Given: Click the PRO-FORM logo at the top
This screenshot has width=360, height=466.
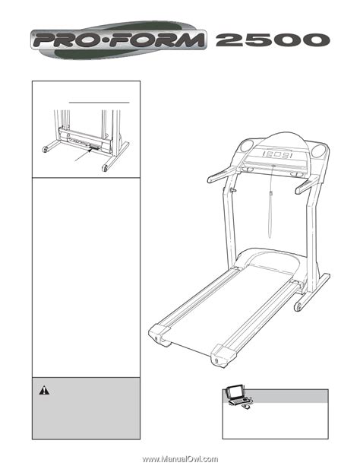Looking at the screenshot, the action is [118, 40].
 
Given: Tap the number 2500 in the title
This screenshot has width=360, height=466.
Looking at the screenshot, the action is [273, 40].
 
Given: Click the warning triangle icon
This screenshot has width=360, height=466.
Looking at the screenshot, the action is [44, 390].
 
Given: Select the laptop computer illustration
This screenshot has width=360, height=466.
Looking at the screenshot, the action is [238, 397].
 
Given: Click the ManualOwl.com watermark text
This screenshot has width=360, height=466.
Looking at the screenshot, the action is [180, 459].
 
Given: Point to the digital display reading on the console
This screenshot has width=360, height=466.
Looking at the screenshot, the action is [277, 155].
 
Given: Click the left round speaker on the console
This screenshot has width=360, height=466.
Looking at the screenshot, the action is [247, 146].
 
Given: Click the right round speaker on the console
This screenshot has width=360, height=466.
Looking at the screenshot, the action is [318, 150].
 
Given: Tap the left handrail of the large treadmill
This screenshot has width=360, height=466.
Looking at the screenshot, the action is [222, 174].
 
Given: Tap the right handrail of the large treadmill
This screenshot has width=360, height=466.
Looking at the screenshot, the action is [307, 185].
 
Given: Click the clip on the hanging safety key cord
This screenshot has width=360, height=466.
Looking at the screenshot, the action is [271, 194].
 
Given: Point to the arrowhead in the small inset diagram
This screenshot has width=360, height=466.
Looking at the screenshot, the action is [89, 151].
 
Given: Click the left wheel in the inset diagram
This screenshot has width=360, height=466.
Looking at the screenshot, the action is [45, 148].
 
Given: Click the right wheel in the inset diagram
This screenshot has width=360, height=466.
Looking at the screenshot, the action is [105, 167].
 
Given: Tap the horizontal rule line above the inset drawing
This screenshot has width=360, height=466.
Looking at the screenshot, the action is [99, 102].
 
